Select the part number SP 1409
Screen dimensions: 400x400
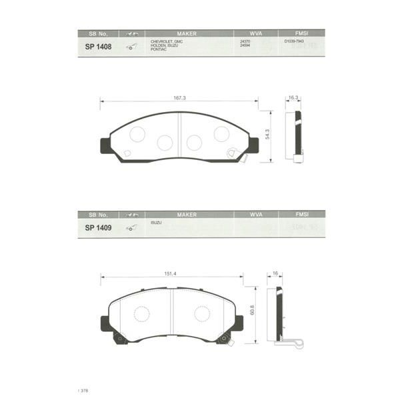(x=97, y=227)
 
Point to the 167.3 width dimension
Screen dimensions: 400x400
(x=179, y=98)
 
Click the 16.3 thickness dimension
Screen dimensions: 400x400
(x=292, y=98)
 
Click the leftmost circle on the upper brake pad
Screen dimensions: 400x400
(x=137, y=134)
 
